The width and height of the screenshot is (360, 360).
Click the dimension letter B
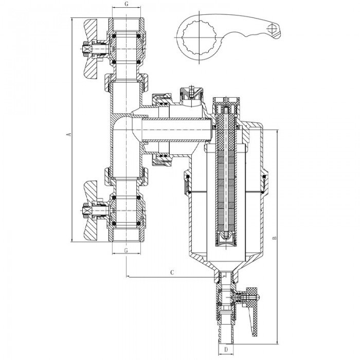(276, 238)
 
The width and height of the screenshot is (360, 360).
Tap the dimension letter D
(226, 350)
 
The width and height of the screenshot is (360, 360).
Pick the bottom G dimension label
(127, 250)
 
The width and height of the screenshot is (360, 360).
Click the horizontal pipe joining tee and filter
(175, 129)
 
